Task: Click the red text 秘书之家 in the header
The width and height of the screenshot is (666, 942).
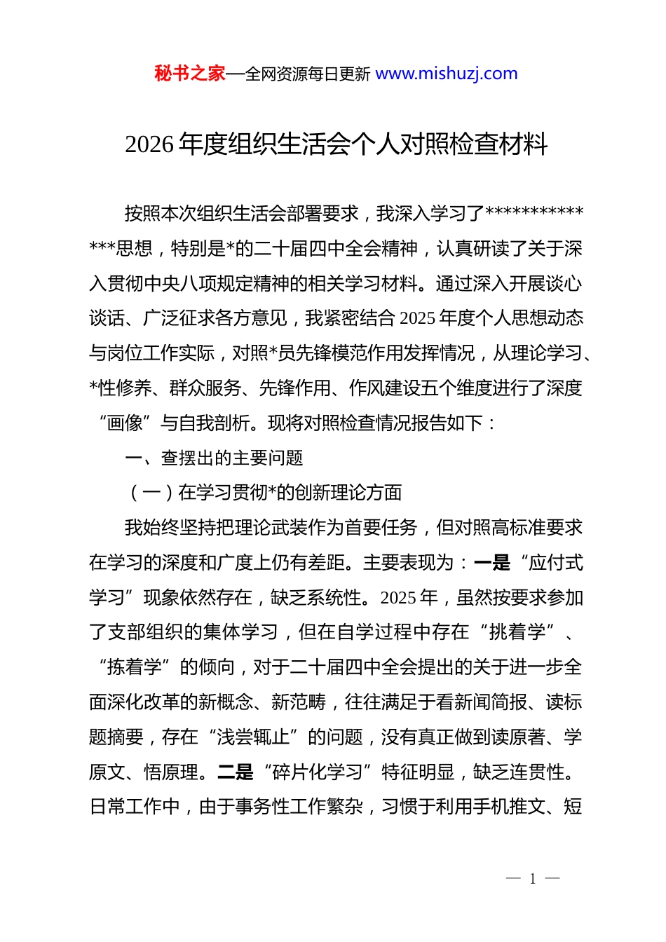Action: click(x=190, y=74)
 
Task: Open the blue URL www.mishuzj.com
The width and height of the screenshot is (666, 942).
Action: click(x=446, y=74)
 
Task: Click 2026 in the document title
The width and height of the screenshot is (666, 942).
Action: click(x=149, y=144)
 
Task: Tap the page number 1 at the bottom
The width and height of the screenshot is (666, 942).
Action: click(x=533, y=879)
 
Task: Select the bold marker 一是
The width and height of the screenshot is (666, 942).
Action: click(x=492, y=563)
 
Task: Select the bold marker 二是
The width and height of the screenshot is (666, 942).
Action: click(x=236, y=772)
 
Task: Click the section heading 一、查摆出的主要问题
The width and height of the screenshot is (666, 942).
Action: click(x=214, y=458)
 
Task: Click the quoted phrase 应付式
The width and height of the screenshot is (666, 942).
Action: click(x=556, y=563)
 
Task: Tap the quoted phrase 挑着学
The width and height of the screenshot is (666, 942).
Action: click(x=517, y=632)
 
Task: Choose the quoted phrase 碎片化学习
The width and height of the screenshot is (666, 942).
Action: click(x=318, y=772)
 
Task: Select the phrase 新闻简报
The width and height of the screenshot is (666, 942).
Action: click(x=490, y=702)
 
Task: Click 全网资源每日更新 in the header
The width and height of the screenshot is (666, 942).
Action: click(x=308, y=74)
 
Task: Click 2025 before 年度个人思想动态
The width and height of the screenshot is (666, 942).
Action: click(x=418, y=319)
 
